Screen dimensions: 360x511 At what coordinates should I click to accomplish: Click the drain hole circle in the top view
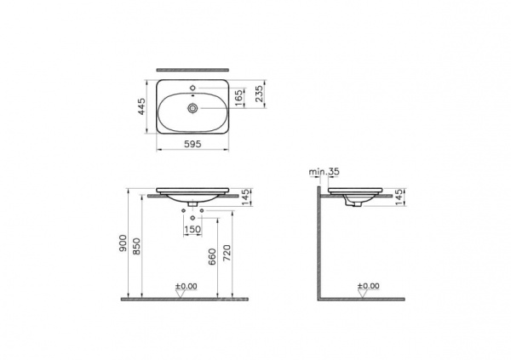coord(193,109)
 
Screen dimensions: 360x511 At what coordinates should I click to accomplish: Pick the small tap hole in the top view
coord(193,88)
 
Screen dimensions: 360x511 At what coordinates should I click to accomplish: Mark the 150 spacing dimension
coord(193,230)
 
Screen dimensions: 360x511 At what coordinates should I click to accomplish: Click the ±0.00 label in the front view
coord(186,286)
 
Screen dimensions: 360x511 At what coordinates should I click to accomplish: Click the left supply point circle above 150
coord(183,211)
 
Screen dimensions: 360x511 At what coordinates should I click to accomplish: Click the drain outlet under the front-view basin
coord(193,205)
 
